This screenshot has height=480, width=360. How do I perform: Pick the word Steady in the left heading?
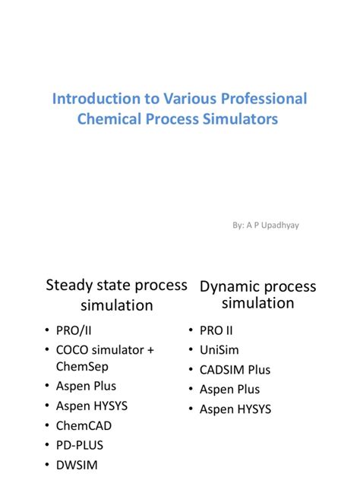pos(68,286)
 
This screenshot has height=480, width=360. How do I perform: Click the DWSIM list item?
pos(77,465)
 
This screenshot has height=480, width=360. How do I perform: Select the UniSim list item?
pos(219,350)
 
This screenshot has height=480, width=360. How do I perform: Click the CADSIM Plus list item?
pos(235,370)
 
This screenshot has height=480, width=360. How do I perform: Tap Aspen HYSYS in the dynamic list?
pos(235,409)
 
